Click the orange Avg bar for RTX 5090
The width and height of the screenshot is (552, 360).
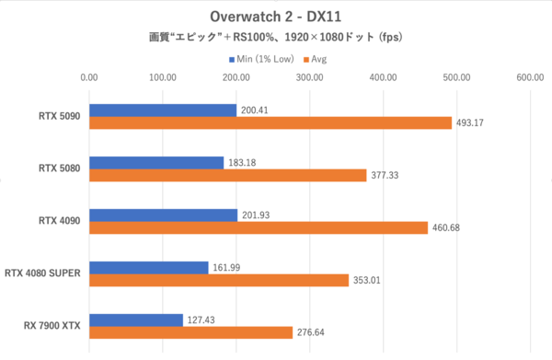270,123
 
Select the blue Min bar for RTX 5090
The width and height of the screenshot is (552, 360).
163,110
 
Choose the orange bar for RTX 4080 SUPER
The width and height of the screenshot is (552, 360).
219,280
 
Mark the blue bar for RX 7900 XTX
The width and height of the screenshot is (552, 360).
135,319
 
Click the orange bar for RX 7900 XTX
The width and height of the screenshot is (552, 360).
190,332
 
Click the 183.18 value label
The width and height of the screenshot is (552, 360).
245,163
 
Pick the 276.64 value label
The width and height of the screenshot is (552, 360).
314,332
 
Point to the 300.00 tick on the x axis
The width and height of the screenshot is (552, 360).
309,78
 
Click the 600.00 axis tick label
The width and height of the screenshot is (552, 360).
530,78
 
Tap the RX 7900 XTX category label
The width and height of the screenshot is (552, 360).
52,326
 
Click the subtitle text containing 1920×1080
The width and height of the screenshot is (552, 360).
276,39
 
